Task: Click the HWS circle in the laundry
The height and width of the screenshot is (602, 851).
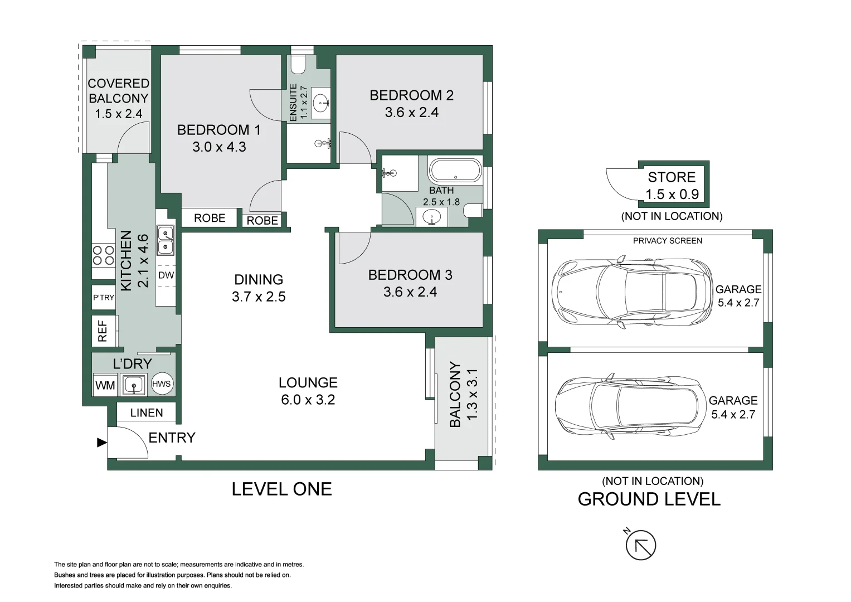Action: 162,384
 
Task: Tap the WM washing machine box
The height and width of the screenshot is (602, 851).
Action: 105,385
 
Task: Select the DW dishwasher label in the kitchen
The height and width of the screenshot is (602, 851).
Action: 166,275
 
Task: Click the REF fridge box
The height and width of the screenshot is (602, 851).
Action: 104,331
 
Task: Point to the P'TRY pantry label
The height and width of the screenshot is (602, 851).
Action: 104,297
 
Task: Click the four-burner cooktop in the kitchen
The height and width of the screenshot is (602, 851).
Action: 104,255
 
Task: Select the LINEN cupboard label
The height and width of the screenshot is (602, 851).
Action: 147,412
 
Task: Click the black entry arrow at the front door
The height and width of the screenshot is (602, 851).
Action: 101,443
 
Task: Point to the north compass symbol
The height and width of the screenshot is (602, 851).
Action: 640,544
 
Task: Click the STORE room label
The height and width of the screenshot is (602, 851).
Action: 672,177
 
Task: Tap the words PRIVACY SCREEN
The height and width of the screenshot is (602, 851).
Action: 668,241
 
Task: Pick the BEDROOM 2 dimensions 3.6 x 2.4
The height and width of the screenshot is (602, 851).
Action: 412,113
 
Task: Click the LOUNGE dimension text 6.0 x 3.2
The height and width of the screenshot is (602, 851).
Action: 308,400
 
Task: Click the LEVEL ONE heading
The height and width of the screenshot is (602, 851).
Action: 282,489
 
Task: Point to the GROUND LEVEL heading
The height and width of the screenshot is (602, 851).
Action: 649,499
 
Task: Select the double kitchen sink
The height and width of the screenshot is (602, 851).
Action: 166,240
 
